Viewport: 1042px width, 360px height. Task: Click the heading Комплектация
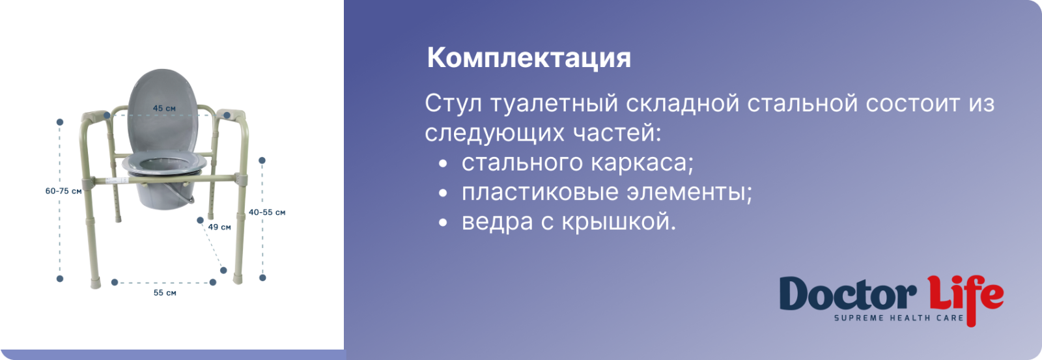coord(529,59)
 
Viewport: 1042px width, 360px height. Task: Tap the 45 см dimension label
coord(164,108)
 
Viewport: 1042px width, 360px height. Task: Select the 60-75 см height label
coord(63,191)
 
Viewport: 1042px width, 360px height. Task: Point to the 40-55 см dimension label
coord(267,213)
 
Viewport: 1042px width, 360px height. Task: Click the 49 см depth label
coord(219,227)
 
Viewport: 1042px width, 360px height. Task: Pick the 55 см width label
coord(165,293)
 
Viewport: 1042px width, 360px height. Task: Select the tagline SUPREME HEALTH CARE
coord(899,318)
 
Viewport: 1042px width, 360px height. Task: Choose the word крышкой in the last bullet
coord(619,222)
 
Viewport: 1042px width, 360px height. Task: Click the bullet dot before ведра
coord(443,223)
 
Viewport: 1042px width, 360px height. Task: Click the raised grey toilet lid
coord(163,111)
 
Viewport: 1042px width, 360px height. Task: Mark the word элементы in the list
coord(689,193)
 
